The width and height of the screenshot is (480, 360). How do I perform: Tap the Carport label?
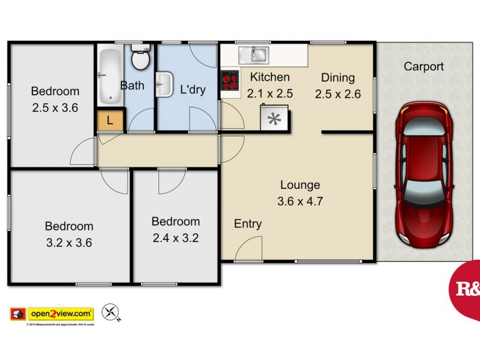pos(424,67)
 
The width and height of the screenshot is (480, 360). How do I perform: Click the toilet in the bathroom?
pos(140,59)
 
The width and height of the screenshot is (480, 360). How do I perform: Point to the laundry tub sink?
pos(164,85)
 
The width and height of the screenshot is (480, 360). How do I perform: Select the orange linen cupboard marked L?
pos(109,121)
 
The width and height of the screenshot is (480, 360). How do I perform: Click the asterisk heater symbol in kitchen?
pos(274,118)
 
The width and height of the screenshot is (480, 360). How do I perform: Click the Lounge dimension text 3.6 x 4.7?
pos(300,202)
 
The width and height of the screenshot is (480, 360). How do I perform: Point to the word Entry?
pos(248,224)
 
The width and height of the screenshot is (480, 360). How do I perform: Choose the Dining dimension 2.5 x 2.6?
pos(338,94)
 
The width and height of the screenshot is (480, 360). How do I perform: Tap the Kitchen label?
pos(270,77)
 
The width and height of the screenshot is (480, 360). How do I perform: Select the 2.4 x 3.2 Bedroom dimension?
pos(175,238)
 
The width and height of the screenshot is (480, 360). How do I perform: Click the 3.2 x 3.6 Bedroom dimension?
pos(69,243)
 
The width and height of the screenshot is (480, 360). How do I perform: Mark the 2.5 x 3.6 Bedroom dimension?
pos(55,108)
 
